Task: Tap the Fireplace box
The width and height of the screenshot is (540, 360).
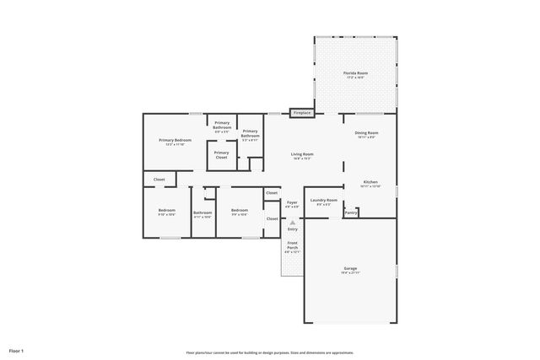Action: pos(302,112)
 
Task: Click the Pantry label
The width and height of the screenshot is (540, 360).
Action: pos(351,212)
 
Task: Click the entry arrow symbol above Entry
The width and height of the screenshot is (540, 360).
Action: pos(292,223)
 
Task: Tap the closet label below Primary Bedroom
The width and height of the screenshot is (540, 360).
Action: pos(159,179)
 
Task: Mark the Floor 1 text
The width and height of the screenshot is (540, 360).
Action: pos(17,349)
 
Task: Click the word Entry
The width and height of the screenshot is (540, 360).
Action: pos(292,229)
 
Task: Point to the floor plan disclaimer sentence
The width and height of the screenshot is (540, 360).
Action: pos(270,352)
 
